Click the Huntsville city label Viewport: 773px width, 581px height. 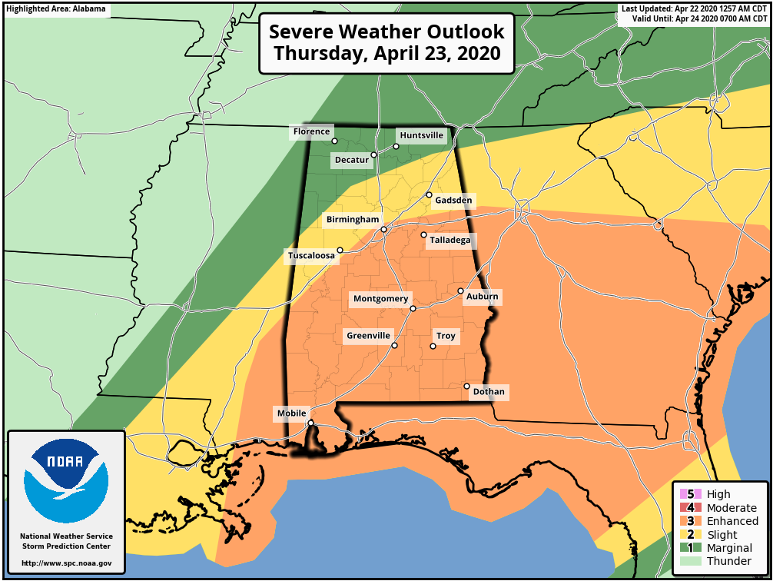[422, 135]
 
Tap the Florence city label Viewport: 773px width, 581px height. [311, 131]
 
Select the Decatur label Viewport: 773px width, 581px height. [351, 160]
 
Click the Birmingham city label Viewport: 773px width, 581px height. [353, 220]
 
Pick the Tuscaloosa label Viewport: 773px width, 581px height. [311, 255]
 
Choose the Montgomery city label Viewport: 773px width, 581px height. [381, 299]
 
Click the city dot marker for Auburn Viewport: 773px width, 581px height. [460, 290]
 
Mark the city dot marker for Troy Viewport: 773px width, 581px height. [433, 346]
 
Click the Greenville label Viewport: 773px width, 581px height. [369, 336]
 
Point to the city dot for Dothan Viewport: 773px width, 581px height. [466, 386]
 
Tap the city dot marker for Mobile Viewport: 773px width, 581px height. [310, 423]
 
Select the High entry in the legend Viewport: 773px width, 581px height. [718, 494]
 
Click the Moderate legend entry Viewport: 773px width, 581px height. [731, 508]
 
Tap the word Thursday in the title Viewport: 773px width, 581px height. [318, 54]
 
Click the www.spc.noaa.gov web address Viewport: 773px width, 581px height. [66, 563]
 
